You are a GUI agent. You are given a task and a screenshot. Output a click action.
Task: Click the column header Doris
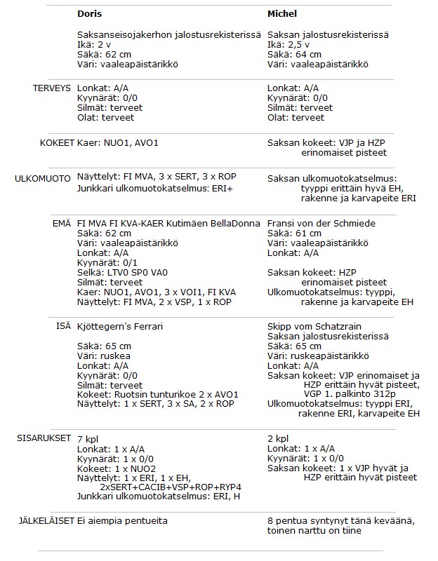(x=90, y=14)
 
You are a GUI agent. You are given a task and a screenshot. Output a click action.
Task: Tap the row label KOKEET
(x=57, y=142)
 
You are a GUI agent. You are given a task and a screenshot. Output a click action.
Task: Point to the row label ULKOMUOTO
(x=44, y=179)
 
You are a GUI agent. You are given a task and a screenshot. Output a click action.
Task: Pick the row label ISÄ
(x=65, y=326)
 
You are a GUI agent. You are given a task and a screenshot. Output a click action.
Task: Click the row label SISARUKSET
(x=44, y=438)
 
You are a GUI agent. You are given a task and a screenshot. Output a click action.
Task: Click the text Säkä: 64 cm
(x=294, y=55)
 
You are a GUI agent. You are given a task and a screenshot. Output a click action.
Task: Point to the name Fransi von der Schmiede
(x=321, y=223)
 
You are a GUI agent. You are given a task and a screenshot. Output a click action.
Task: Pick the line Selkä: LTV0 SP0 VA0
(x=122, y=272)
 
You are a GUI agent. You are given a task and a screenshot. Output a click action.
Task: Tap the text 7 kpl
(x=88, y=438)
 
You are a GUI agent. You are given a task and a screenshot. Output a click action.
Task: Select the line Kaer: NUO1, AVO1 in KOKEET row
(x=118, y=142)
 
